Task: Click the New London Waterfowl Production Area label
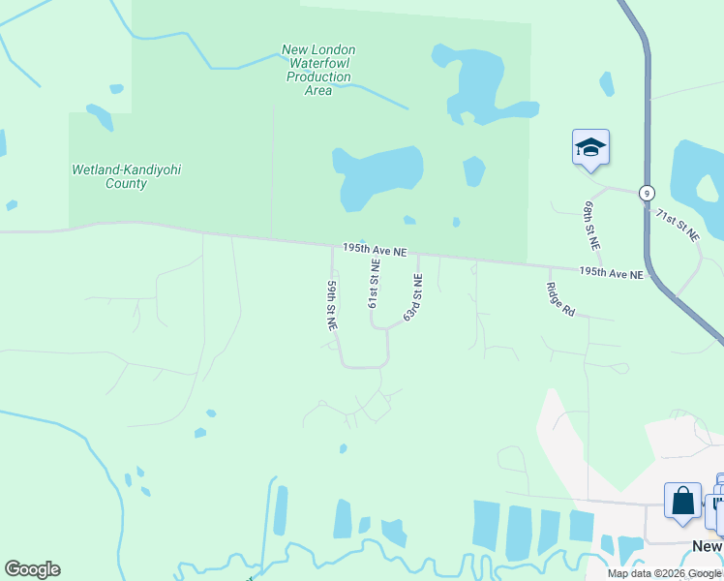(317, 70)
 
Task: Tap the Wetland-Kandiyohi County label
(127, 176)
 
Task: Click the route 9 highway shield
(646, 193)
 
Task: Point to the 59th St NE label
(332, 306)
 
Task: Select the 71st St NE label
(677, 224)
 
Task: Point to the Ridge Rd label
(560, 299)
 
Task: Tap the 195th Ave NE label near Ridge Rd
(611, 275)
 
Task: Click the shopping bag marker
(682, 502)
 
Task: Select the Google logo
(32, 569)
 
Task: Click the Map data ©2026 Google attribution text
(664, 573)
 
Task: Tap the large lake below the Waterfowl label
(378, 177)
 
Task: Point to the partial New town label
(708, 547)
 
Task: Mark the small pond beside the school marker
(606, 83)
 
